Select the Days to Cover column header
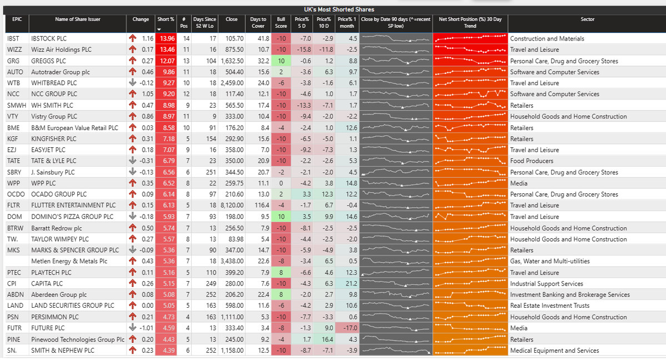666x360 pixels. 258,22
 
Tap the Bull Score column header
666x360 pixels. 281,22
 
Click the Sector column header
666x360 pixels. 587,19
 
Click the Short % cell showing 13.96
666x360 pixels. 167,39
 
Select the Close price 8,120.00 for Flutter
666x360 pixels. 232,206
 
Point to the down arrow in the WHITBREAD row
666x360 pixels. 132,83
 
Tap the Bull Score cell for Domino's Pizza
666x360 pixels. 282,217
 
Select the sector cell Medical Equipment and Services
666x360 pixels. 554,351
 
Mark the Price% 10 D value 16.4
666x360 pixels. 326,339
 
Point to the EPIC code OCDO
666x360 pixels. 16,194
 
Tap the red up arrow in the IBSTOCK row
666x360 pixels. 132,39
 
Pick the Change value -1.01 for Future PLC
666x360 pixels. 147,328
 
